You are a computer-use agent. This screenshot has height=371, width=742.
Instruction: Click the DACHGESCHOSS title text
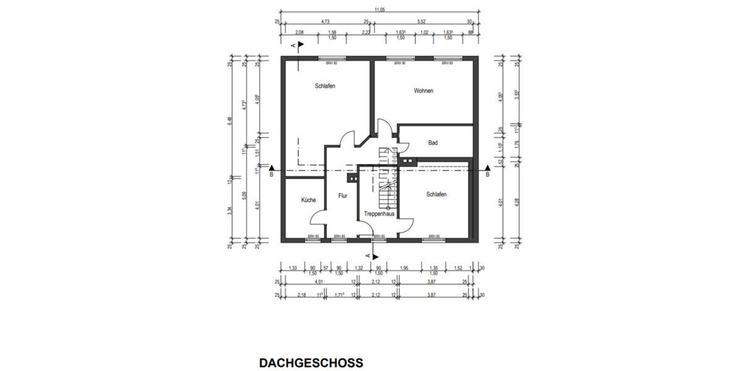coord(311,362)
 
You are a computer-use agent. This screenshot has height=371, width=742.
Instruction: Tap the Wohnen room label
coord(424,91)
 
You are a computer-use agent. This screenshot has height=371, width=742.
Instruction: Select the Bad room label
coord(433,143)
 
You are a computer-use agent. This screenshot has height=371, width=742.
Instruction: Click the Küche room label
coord(309,200)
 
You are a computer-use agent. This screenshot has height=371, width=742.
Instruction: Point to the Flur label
coord(343,196)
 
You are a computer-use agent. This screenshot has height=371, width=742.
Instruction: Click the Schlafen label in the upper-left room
coord(325,87)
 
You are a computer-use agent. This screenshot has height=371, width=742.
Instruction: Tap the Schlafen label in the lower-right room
coord(436,194)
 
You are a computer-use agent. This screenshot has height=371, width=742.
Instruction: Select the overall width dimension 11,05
coord(380,9)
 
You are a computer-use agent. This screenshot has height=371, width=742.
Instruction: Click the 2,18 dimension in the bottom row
coord(301,294)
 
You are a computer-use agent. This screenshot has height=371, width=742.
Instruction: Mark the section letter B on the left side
coord(271,175)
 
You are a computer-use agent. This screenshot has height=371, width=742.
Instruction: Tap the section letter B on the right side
coord(488,175)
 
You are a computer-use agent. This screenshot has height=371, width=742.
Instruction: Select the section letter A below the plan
coord(369,255)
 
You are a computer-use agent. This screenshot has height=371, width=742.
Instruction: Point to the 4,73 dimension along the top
coord(324,21)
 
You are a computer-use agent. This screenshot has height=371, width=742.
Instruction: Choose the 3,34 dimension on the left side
coord(230,210)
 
